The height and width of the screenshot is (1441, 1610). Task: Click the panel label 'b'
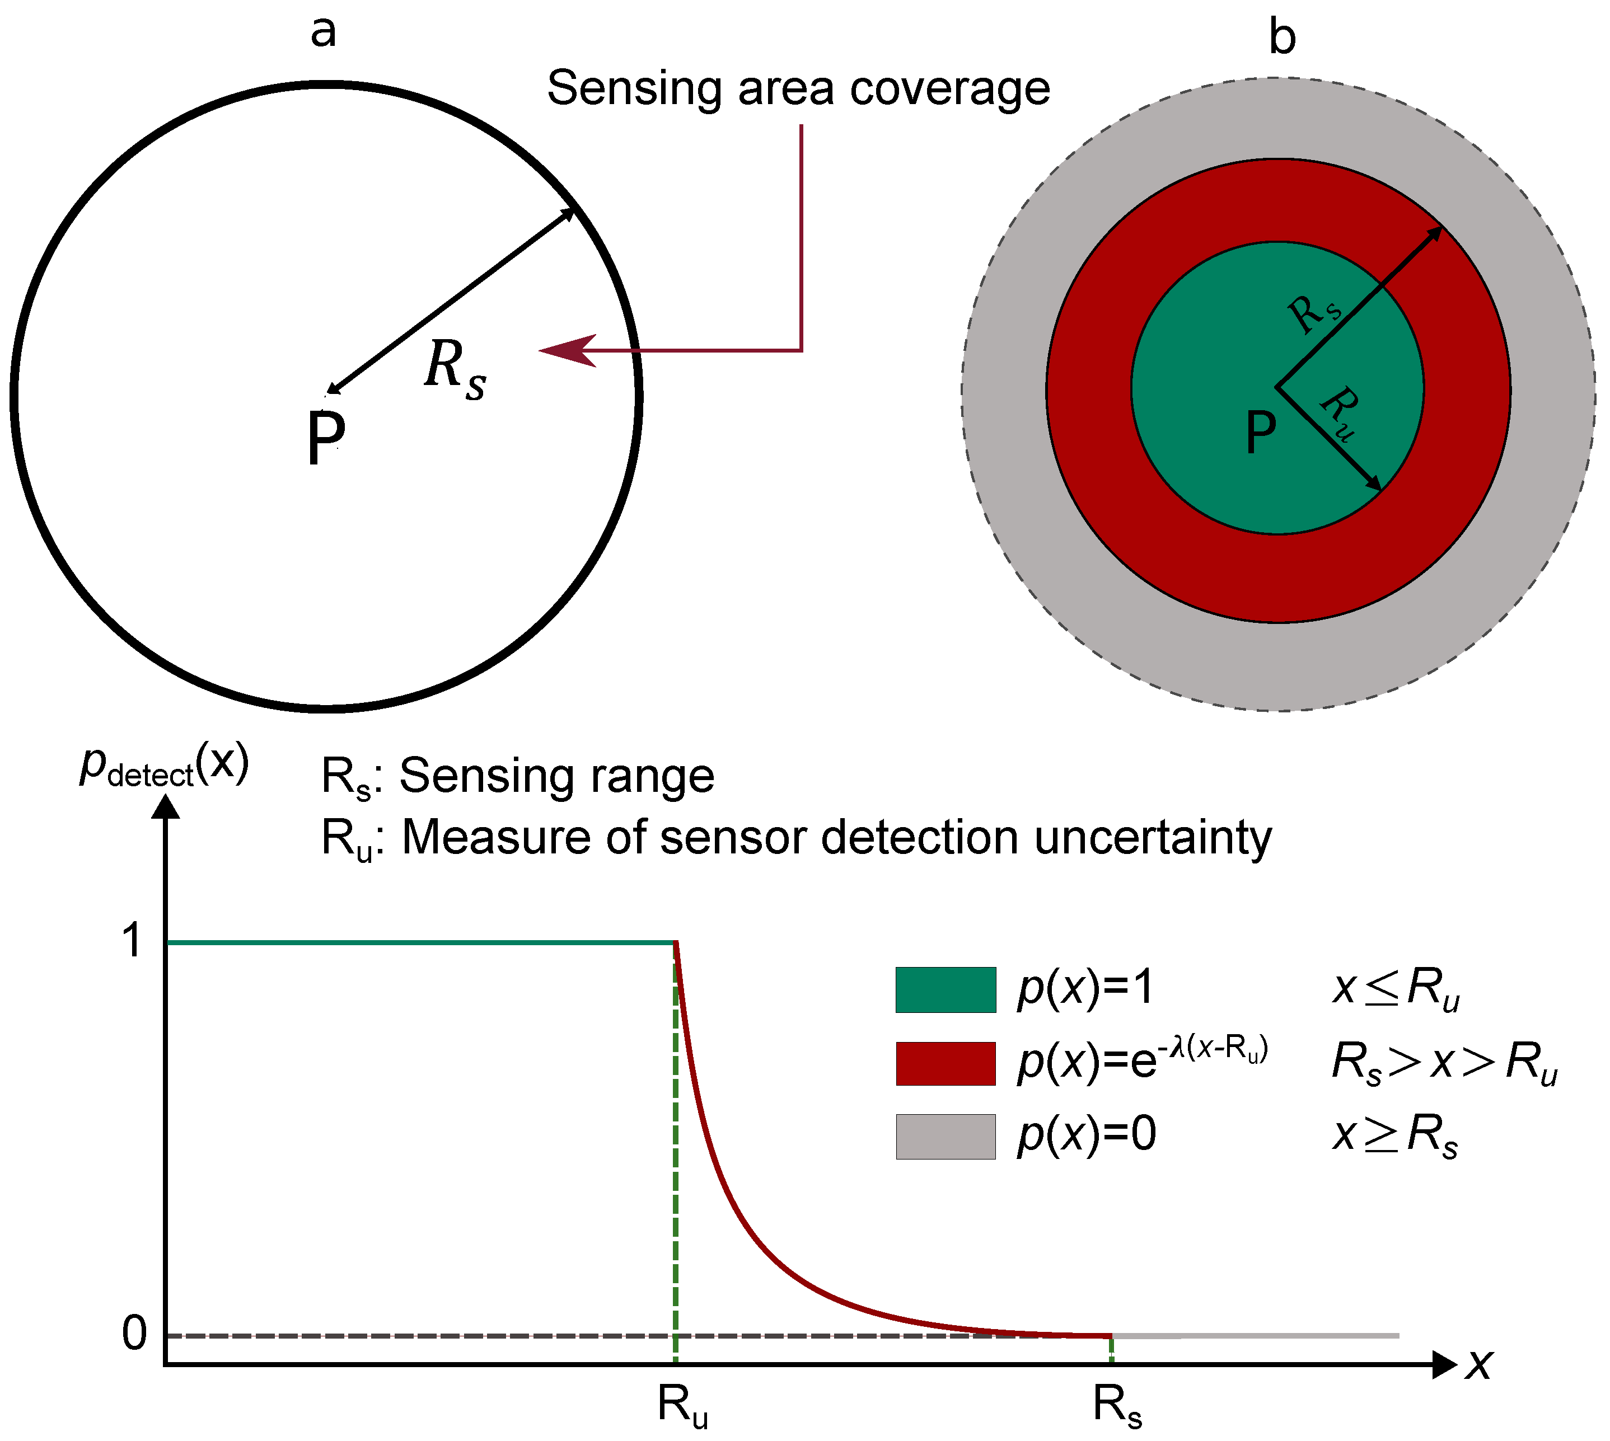pyautogui.click(x=1282, y=38)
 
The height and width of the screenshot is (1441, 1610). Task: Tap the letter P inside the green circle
pyautogui.click(x=1261, y=433)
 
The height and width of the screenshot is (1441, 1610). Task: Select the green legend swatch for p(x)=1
pyautogui.click(x=946, y=990)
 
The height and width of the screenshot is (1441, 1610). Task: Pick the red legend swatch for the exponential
pyautogui.click(x=946, y=1063)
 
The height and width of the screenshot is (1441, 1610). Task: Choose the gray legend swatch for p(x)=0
pyautogui.click(x=946, y=1137)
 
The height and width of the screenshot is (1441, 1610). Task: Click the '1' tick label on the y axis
pyautogui.click(x=132, y=941)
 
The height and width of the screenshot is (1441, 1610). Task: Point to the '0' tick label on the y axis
pyautogui.click(x=134, y=1334)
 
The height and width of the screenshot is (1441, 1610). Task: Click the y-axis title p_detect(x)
pyautogui.click(x=165, y=766)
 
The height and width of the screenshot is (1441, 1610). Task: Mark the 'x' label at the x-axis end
pyautogui.click(x=1478, y=1364)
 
